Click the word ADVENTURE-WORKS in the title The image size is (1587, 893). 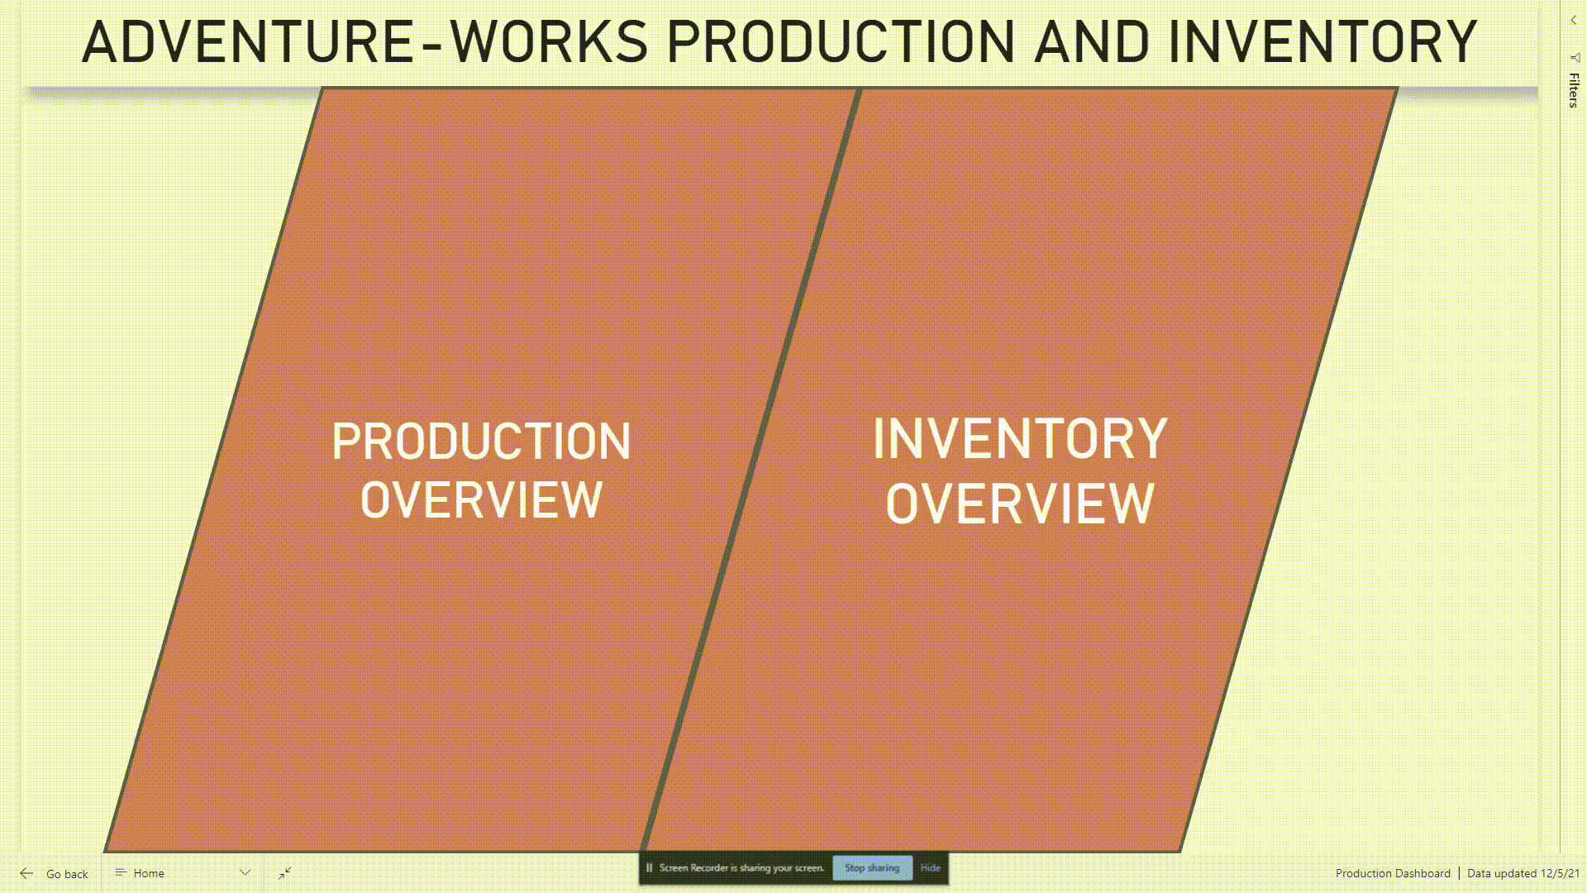pos(364,43)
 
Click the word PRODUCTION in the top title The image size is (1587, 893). pos(840,43)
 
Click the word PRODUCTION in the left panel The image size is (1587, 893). pos(481,442)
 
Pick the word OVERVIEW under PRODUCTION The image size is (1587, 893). pos(481,500)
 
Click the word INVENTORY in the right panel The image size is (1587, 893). pos(1020,439)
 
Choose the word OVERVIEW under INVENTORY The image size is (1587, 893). pos(1020,504)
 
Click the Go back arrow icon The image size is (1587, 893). pos(26,873)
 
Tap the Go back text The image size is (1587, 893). pos(67,874)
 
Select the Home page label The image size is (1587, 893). pos(149,873)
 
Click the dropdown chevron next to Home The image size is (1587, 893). pos(245,873)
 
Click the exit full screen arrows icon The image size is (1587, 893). pos(285,873)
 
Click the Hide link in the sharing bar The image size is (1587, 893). pos(930,867)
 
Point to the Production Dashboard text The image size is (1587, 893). pos(1393,873)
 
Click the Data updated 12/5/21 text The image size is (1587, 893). pos(1523,873)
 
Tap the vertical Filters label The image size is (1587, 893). pos(1574,89)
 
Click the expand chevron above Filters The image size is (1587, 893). pos(1574,20)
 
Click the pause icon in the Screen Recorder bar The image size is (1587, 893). pos(650,867)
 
